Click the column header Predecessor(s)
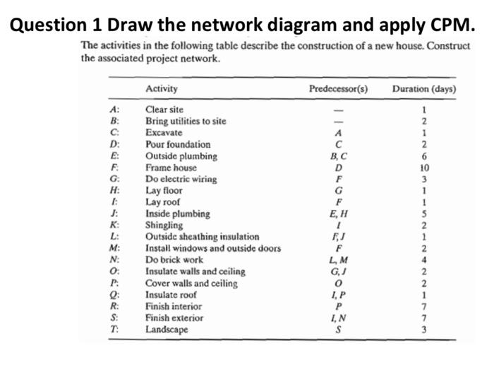tap(339, 89)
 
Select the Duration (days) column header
tap(424, 89)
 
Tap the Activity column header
tap(161, 89)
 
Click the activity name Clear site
tap(164, 110)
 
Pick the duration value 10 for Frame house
tap(423, 168)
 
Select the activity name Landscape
tap(167, 330)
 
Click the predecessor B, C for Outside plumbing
tap(339, 156)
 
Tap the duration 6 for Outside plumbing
tap(423, 156)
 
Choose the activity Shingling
tap(164, 225)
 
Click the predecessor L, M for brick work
tap(339, 260)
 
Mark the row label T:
tap(114, 330)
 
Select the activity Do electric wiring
tap(181, 179)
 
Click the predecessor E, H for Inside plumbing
tap(339, 214)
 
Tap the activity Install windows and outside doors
tap(212, 248)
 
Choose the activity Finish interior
tap(173, 306)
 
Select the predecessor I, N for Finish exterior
tap(339, 318)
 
